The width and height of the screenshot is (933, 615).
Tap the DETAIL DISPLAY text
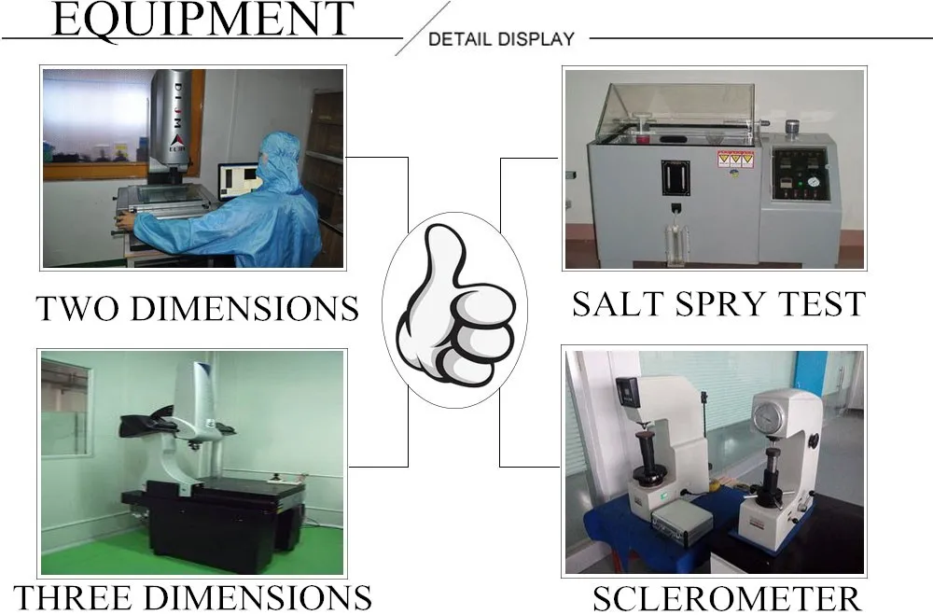[x=501, y=39]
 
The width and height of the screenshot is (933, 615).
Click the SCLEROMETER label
[x=726, y=598]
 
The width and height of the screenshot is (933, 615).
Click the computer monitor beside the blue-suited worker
[x=239, y=180]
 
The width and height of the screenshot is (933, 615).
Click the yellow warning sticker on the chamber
[x=734, y=159]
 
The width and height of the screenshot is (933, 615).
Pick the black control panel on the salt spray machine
[x=800, y=175]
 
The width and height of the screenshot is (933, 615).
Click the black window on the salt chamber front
[x=675, y=177]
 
